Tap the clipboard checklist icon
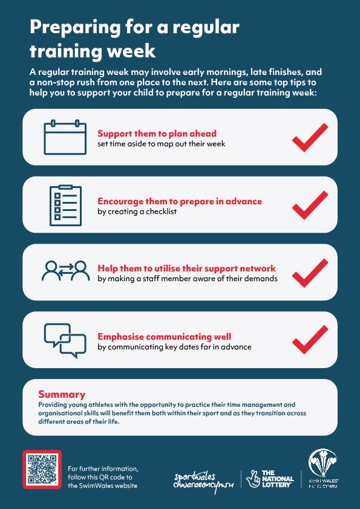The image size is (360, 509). [65, 206]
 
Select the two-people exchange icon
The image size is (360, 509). [65, 271]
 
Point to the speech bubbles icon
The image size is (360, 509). [65, 341]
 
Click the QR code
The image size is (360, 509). [42, 469]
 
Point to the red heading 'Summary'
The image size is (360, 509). [62, 394]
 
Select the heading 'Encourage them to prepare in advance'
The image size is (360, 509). [180, 201]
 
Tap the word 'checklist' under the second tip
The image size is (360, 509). [161, 212]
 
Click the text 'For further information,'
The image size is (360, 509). [103, 468]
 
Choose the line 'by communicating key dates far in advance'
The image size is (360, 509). [174, 347]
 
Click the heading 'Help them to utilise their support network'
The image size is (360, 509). [186, 268]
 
